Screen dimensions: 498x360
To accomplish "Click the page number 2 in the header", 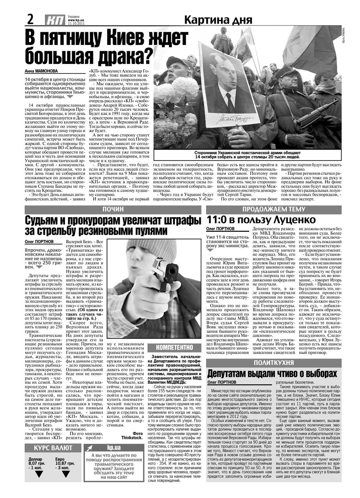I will click(30, 20).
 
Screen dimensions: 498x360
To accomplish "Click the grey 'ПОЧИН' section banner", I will click(113, 210).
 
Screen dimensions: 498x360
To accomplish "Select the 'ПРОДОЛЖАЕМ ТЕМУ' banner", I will click(274, 209).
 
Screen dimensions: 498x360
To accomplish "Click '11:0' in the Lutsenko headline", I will click(217, 220).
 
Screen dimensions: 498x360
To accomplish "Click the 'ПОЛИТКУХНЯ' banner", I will click(274, 363).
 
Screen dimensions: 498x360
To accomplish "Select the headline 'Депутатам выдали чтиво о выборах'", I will click(272, 374).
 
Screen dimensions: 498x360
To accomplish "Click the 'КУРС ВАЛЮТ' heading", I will click(53, 448).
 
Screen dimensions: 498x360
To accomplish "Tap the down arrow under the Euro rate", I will click(65, 474).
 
